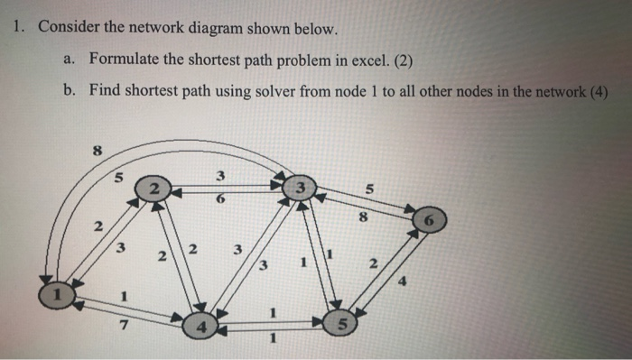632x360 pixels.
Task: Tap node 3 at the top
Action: click(297, 189)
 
